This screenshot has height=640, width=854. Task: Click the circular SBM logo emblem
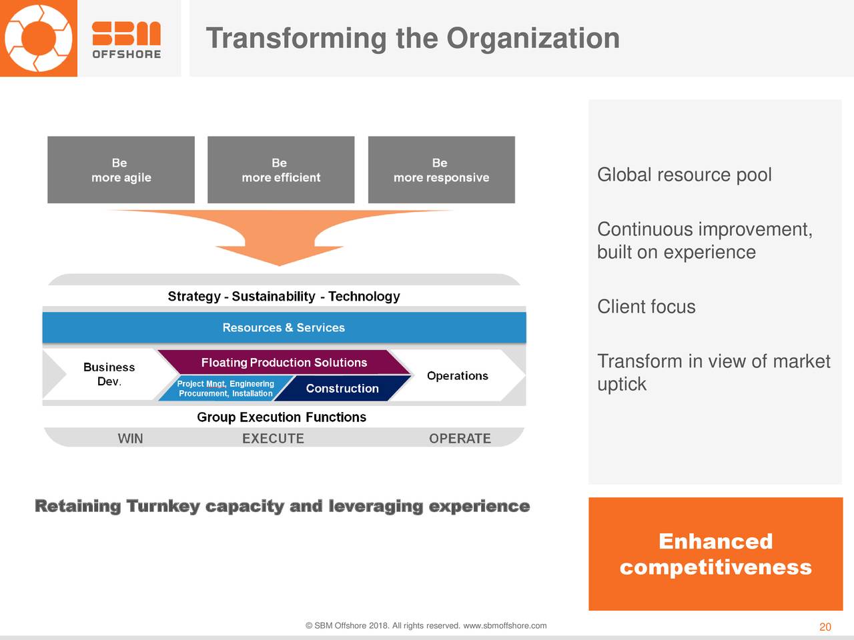[x=39, y=38]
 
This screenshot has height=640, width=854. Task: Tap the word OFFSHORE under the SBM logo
[x=127, y=55]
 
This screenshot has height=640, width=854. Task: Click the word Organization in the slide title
[x=533, y=38]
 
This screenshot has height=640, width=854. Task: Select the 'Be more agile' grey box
[x=121, y=170]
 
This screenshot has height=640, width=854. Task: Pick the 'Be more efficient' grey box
[x=281, y=170]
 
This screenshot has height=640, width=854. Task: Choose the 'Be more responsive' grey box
[x=442, y=170]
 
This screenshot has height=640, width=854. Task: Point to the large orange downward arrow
[x=280, y=236]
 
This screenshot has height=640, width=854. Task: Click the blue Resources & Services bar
[x=284, y=327]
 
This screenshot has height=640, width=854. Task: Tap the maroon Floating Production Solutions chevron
[x=284, y=362]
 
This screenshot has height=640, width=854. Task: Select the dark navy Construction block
[x=342, y=388]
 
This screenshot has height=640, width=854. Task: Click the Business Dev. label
[x=109, y=374]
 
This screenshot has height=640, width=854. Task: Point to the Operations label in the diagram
[x=458, y=376]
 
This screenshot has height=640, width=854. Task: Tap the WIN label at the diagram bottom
[x=130, y=438]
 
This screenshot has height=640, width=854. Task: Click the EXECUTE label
[x=273, y=438]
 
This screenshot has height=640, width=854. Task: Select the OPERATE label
[x=460, y=438]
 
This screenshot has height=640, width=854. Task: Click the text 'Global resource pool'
[x=685, y=175]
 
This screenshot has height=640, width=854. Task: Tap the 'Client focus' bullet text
[x=647, y=307]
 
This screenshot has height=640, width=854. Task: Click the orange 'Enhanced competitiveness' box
[x=715, y=554]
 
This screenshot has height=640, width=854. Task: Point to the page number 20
[x=825, y=627]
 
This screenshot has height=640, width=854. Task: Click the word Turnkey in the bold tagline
[x=163, y=507]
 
